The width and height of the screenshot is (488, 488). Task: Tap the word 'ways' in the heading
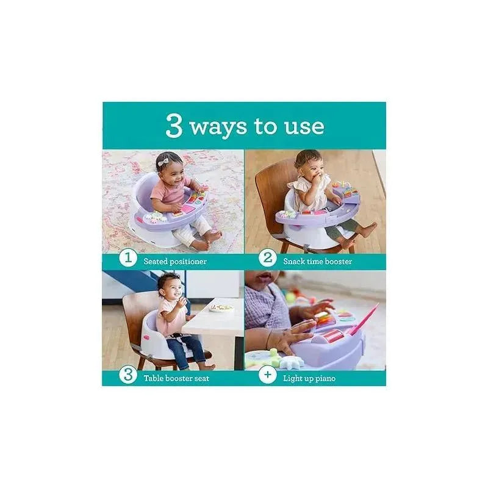pos(218,127)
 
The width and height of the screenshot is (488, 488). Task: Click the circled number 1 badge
pos(127,259)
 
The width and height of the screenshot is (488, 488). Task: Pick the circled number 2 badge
pos(267,259)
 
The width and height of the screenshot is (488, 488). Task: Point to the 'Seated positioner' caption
pos(175,261)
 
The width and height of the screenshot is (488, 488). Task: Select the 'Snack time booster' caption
pos(317,261)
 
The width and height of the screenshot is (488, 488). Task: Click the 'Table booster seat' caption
pos(178,378)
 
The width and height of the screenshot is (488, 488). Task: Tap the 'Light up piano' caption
pos(309,378)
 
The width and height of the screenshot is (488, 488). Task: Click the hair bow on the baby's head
pos(162,162)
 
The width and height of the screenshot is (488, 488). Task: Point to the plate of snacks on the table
pos(221,308)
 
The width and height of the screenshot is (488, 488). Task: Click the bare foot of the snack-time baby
pos(368,229)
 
